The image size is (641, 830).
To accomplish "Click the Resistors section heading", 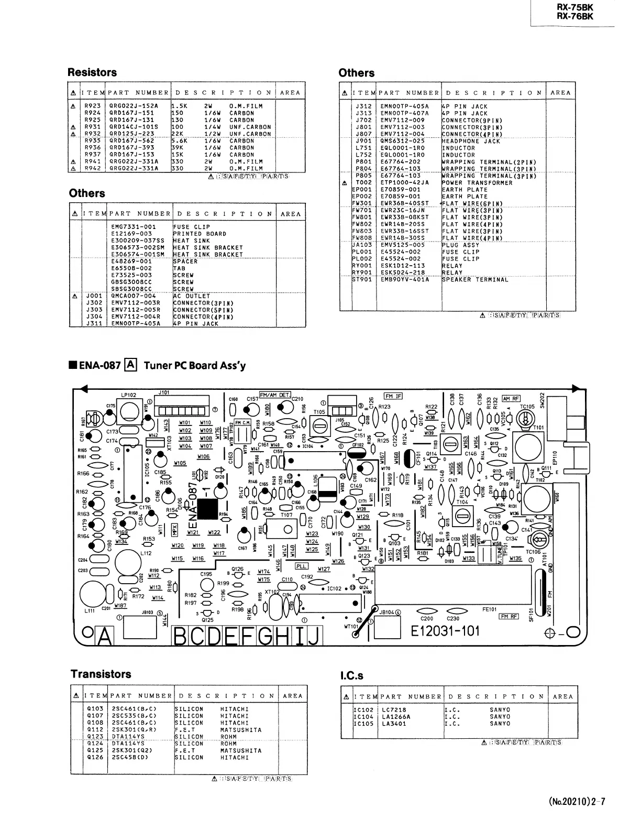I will pyautogui.click(x=92, y=72).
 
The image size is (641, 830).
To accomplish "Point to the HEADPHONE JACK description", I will pyautogui.click(x=471, y=141).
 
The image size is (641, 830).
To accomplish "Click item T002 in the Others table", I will pyautogui.click(x=363, y=183).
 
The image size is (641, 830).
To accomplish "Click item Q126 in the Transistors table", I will pyautogui.click(x=95, y=757).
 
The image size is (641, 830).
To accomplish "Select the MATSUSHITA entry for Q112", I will pyautogui.click(x=241, y=729).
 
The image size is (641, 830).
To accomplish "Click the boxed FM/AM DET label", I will pyautogui.click(x=275, y=395).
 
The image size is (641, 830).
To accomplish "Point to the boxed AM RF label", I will pyautogui.click(x=511, y=398).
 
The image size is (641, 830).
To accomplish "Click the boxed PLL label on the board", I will pyautogui.click(x=302, y=566).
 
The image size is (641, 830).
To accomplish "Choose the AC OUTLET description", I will pyautogui.click(x=192, y=296).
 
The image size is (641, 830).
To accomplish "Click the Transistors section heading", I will pyautogui.click(x=101, y=674).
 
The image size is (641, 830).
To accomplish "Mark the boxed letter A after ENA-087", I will pyautogui.click(x=131, y=365).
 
